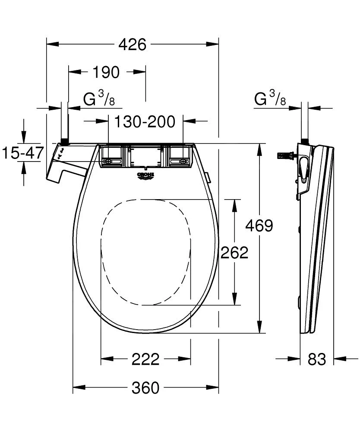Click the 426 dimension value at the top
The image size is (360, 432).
coord(133,44)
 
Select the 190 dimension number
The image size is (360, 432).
coord(106,73)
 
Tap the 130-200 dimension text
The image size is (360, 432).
coord(145,122)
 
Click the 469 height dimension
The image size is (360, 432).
coord(259,226)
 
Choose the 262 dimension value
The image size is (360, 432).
coord(234,253)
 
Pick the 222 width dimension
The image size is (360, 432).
coord(145,359)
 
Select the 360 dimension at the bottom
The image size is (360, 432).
coord(145,388)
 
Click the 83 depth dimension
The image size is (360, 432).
coord(317,359)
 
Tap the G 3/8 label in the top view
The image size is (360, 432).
coord(99,99)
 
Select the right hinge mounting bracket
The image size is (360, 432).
coord(179,156)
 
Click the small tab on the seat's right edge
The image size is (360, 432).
coord(208,177)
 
